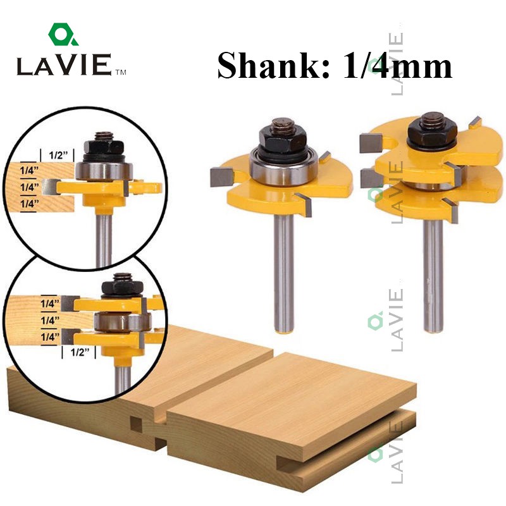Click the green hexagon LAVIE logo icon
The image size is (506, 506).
pos(63,34)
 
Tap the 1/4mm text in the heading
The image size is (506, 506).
pos(397,66)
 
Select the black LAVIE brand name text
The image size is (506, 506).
pos(65,65)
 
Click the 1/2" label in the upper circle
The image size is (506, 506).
pos(58,155)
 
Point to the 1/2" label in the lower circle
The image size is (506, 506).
pos(79,352)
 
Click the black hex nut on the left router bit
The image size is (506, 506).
pos(283,138)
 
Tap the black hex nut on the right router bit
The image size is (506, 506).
pos(432,132)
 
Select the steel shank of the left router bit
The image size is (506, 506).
pos(283,274)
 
